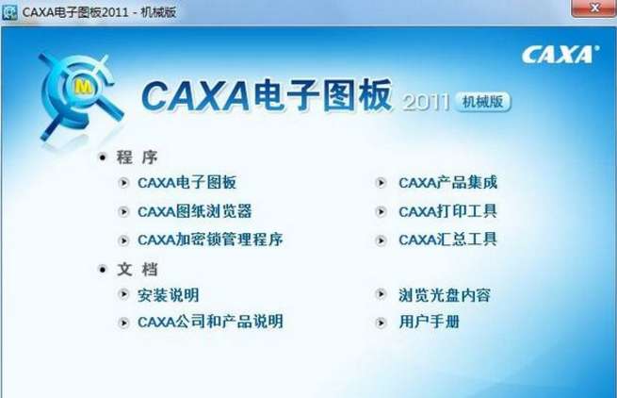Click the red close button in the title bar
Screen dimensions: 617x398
click(593, 8)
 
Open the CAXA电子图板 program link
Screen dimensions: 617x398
click(187, 183)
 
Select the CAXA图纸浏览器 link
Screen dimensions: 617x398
click(194, 211)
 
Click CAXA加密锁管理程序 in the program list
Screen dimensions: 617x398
click(210, 240)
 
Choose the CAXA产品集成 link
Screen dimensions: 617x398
click(447, 183)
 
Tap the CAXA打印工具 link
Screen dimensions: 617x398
click(447, 211)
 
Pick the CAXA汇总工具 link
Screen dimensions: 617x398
click(447, 240)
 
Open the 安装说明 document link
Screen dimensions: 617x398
click(168, 295)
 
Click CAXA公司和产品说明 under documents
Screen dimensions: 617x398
click(210, 322)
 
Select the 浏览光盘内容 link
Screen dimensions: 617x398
click(445, 295)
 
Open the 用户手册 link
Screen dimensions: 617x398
click(429, 322)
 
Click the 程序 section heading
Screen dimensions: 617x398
click(137, 158)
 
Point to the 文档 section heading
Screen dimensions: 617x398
click(137, 270)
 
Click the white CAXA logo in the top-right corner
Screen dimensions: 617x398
click(560, 55)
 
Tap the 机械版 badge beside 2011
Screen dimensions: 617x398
click(483, 102)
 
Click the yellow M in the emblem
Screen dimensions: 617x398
click(83, 87)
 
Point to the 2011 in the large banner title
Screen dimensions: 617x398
click(426, 103)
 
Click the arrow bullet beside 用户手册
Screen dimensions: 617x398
click(381, 323)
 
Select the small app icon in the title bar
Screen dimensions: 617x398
click(9, 12)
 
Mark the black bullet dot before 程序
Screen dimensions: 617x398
click(103, 158)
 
